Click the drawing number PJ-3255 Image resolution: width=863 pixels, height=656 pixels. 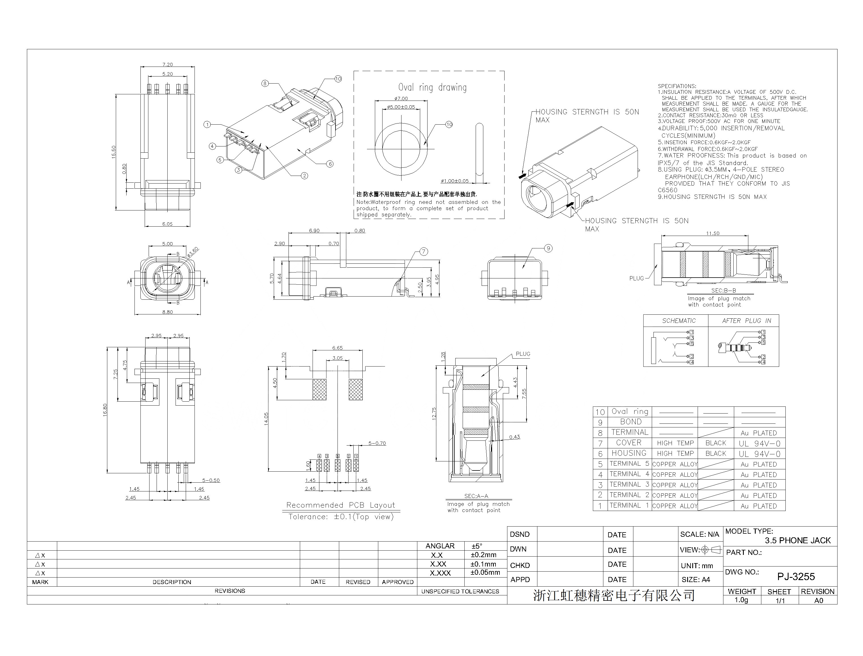click(796, 576)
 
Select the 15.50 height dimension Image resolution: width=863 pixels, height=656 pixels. click(114, 152)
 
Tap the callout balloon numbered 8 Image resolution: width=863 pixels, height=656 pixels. click(265, 83)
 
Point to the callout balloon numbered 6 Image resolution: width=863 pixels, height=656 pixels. click(330, 164)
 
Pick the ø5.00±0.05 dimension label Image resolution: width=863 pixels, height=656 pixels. click(401, 107)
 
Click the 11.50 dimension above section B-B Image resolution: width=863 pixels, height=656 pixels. click(712, 233)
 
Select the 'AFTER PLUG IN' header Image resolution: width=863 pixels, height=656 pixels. click(746, 321)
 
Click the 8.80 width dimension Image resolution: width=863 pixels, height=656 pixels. click(167, 312)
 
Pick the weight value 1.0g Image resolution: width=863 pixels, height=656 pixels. click(741, 600)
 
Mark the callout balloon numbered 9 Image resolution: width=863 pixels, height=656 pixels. click(548, 248)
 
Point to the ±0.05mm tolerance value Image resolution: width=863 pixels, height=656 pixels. click(485, 572)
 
